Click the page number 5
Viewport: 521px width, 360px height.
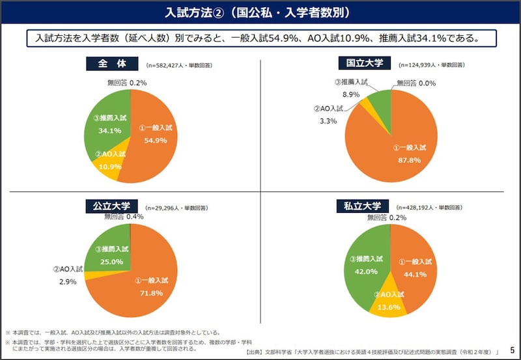[512, 350]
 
